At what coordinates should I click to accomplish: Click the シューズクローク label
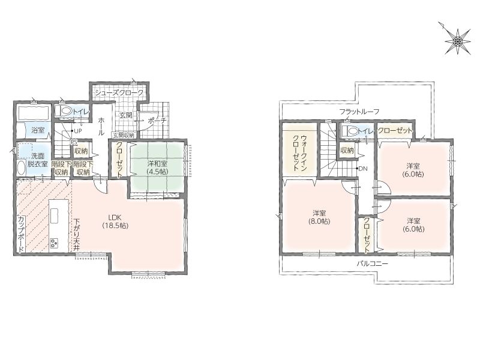(x=119, y=93)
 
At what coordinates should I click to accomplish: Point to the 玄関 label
(x=125, y=115)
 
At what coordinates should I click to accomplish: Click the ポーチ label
(x=157, y=121)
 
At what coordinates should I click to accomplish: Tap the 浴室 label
(x=38, y=130)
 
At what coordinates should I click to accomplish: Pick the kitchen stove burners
(x=55, y=243)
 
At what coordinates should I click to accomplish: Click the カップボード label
(x=21, y=235)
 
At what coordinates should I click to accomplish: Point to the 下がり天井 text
(x=77, y=235)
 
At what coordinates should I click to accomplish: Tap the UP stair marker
(x=76, y=131)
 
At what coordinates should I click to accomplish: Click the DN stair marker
(x=362, y=169)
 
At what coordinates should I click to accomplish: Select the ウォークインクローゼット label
(x=300, y=153)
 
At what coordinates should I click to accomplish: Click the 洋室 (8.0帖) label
(x=319, y=217)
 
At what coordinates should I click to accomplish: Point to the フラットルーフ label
(x=359, y=112)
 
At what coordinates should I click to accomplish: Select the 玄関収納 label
(x=124, y=135)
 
